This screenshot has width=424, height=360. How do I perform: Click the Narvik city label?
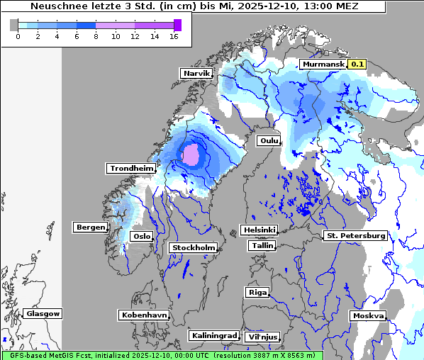coord(197,73)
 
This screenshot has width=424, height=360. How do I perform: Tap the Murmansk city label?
coord(323,64)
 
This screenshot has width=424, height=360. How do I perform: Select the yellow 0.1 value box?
coord(357,64)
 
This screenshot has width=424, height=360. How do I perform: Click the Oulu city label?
coord(268,140)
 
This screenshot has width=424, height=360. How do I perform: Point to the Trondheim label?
coord(131,168)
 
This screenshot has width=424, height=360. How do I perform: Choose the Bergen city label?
coord(89,227)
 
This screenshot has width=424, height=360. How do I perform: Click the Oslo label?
coord(142,236)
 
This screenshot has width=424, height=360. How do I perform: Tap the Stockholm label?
coord(193,247)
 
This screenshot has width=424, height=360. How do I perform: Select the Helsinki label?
coord(259,230)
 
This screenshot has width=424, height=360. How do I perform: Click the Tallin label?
coord(262,245)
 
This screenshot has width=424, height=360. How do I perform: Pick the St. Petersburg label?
coord(355,235)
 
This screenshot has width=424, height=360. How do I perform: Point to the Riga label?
coord(257,292)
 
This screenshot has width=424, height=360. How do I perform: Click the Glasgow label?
coord(43,313)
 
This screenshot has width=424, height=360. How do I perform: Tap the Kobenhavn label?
coord(144,314)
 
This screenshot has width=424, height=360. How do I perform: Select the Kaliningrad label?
coord(213,335)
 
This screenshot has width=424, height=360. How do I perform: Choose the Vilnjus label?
coord(262,337)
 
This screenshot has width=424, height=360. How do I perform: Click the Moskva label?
coord(368,315)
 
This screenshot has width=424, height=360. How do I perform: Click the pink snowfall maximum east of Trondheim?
coord(190,154)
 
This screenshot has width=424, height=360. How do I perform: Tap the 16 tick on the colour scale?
coord(173,36)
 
